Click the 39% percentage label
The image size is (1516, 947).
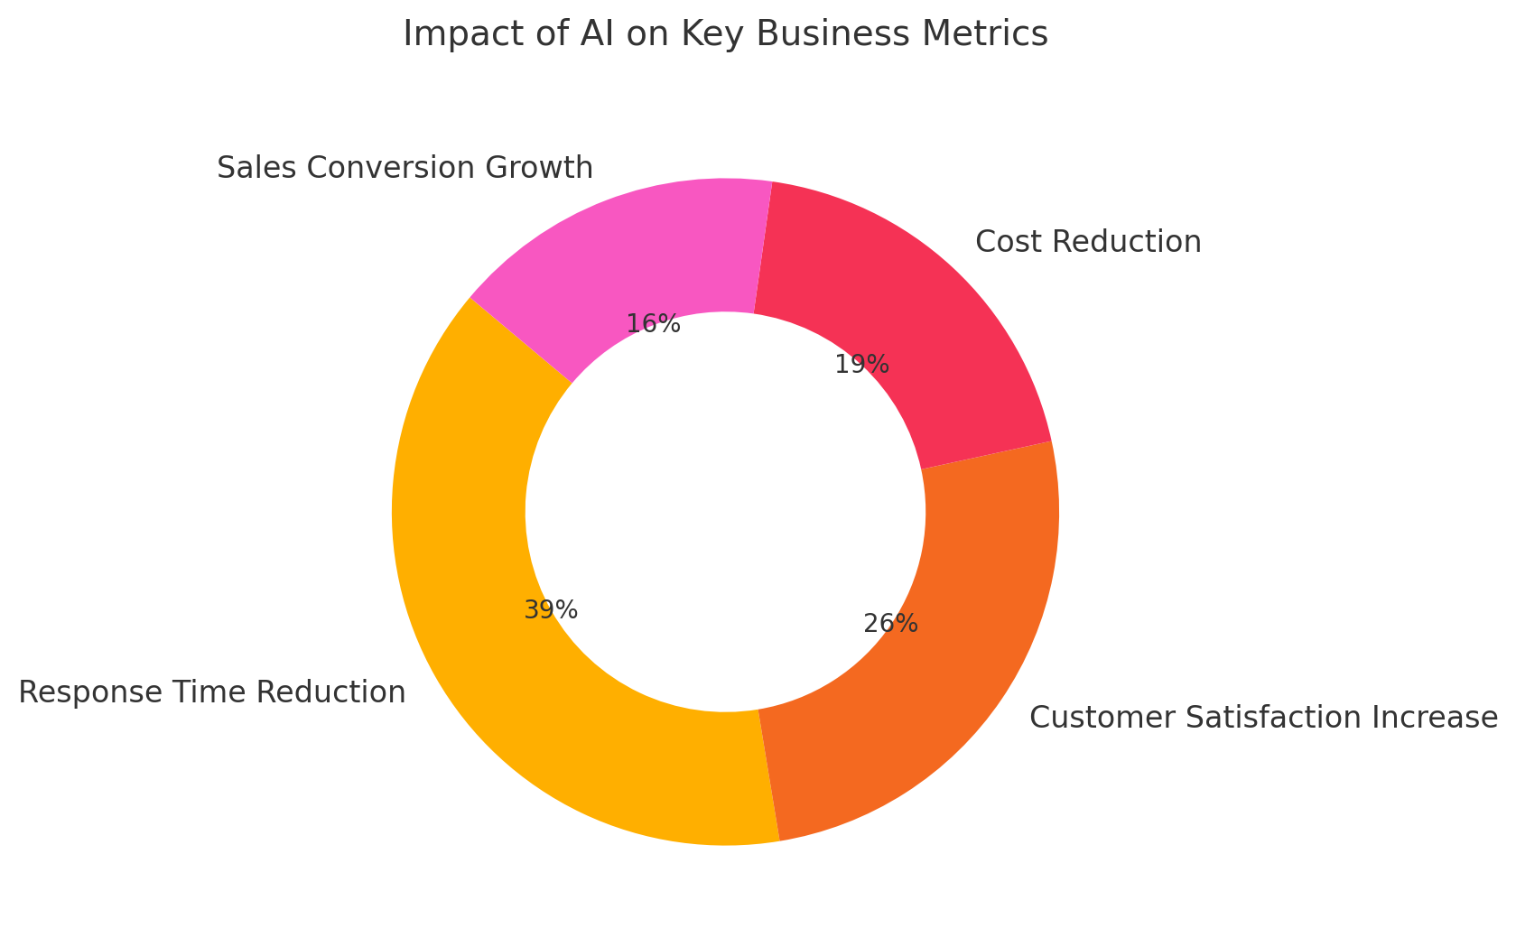[x=551, y=611]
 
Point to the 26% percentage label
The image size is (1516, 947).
[x=890, y=624]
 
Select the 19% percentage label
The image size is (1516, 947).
[x=861, y=366]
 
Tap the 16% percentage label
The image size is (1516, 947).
[x=653, y=324]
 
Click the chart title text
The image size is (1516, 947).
[x=725, y=34]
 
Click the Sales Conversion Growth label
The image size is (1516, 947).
[x=405, y=168]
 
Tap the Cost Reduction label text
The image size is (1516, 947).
[x=1088, y=242]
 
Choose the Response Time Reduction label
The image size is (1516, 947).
[x=212, y=692]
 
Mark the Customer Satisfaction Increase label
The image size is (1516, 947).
[x=1263, y=718]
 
